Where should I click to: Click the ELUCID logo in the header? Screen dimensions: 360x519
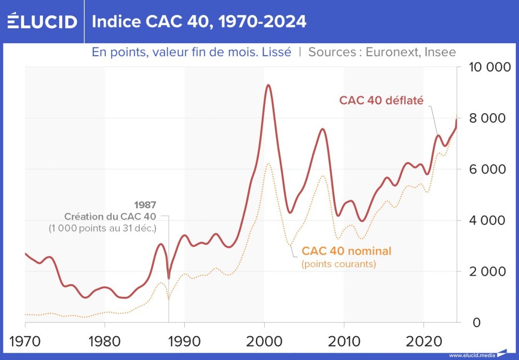42,21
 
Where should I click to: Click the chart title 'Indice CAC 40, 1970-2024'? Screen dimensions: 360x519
199,21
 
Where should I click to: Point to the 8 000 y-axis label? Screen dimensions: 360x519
487,118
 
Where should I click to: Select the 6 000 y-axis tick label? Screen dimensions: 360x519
487,169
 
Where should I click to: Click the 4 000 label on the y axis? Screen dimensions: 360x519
487,220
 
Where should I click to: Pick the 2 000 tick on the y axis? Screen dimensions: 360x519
487,272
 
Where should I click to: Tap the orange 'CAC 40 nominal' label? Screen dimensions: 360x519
347,251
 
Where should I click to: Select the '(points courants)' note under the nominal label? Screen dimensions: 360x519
338,264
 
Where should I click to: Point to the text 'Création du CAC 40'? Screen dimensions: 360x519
111,216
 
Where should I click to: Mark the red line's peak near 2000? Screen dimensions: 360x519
268,85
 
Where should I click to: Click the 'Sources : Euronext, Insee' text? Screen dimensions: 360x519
382,52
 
